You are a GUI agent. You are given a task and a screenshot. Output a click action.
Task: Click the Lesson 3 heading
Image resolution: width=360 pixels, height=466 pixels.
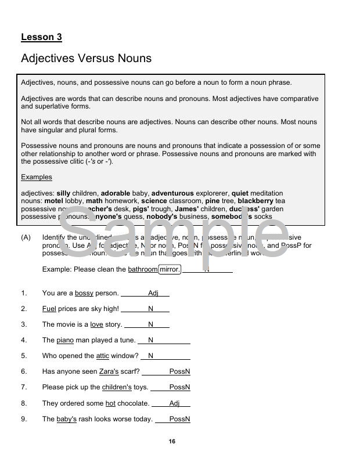(41, 37)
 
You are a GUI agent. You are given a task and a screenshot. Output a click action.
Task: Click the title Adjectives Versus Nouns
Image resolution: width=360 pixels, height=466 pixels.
(86, 59)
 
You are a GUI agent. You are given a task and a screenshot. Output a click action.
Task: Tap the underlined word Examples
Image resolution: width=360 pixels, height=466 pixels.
(37, 177)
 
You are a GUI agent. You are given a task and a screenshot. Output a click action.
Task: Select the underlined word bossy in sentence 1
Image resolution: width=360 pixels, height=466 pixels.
(84, 293)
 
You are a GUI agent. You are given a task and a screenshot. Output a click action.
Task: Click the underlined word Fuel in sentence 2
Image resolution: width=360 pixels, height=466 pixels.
(49, 309)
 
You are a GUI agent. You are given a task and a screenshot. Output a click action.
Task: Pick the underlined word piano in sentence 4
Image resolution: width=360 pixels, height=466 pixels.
(65, 340)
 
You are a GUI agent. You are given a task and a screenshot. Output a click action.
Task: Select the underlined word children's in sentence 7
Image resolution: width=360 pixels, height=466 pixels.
(117, 387)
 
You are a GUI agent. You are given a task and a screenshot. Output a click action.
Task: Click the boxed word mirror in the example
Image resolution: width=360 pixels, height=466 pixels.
(170, 269)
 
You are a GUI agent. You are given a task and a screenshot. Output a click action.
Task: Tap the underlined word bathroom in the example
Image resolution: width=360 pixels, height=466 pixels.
(142, 269)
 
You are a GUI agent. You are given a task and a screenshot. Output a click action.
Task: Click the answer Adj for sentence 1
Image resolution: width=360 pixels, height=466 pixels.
(153, 293)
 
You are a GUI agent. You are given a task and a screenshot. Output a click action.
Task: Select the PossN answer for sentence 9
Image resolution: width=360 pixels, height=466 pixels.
(179, 419)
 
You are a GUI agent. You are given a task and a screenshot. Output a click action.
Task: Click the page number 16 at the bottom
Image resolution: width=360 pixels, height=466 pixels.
(172, 442)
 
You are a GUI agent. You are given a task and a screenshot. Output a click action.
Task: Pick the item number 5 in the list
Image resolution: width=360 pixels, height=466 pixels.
(24, 356)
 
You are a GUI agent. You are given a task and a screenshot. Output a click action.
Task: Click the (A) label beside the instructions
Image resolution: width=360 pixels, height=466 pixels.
(26, 237)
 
